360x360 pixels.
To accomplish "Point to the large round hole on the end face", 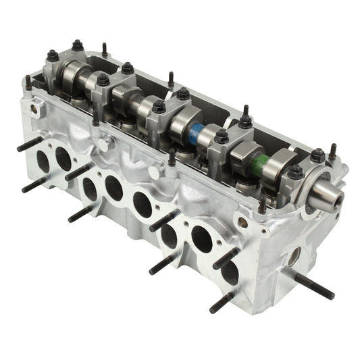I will pos(293,256).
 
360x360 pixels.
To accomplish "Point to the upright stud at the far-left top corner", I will pos(28,82).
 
